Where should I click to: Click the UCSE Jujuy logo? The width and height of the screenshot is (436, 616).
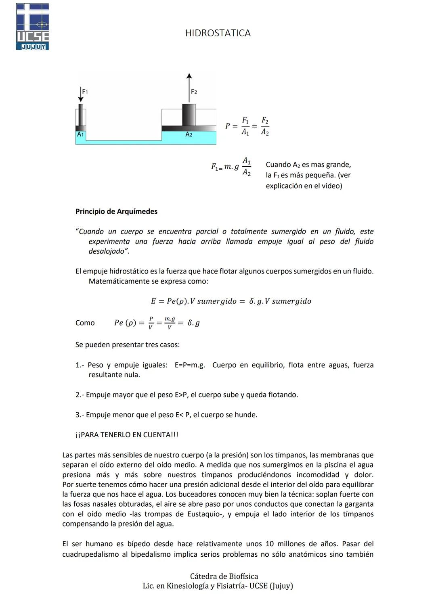click(32, 27)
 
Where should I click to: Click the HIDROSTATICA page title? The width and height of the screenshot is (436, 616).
click(218, 33)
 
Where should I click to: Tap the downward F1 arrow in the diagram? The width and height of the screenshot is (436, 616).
click(81, 94)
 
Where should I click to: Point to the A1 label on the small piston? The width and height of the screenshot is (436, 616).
click(80, 134)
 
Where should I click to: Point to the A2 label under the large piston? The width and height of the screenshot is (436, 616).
click(189, 134)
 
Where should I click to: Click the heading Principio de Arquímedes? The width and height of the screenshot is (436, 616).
click(116, 211)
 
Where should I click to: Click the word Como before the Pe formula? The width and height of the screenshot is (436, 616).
click(85, 323)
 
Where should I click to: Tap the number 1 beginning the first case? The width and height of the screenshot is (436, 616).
click(78, 365)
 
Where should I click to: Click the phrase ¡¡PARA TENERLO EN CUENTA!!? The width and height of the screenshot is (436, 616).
click(127, 435)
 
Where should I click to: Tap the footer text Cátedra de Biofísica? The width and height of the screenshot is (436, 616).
click(224, 576)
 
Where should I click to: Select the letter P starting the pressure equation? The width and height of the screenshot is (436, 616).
click(228, 126)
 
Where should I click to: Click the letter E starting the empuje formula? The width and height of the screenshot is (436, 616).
click(153, 301)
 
